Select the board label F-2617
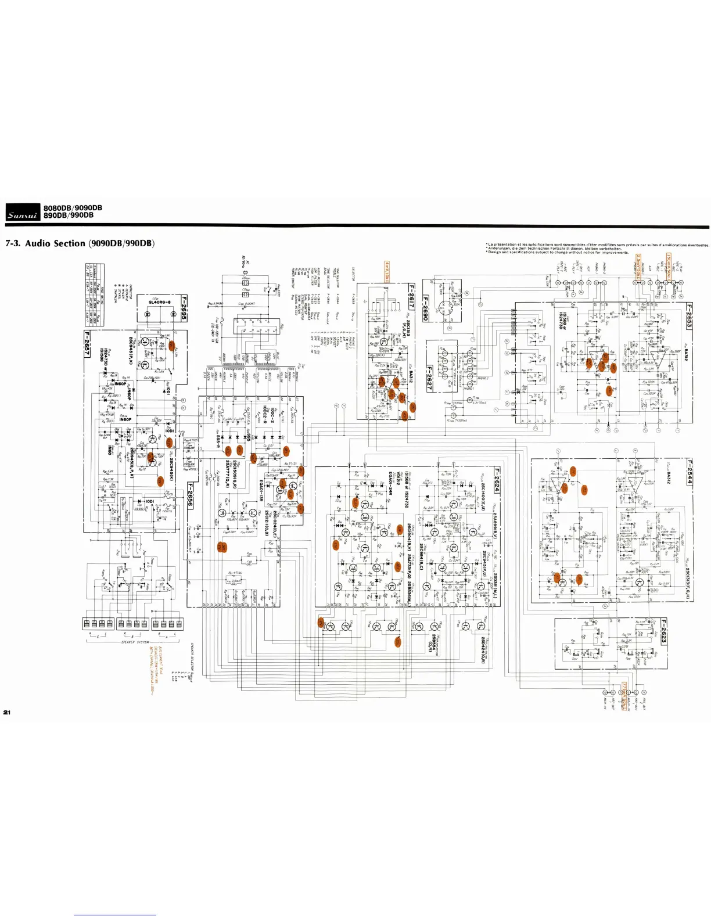pos(411,296)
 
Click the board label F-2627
pos(429,378)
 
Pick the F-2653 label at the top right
pos(690,317)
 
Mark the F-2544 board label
pos(690,472)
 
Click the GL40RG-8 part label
pos(159,302)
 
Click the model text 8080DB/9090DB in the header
pos(73,208)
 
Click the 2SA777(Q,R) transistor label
pos(228,475)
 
